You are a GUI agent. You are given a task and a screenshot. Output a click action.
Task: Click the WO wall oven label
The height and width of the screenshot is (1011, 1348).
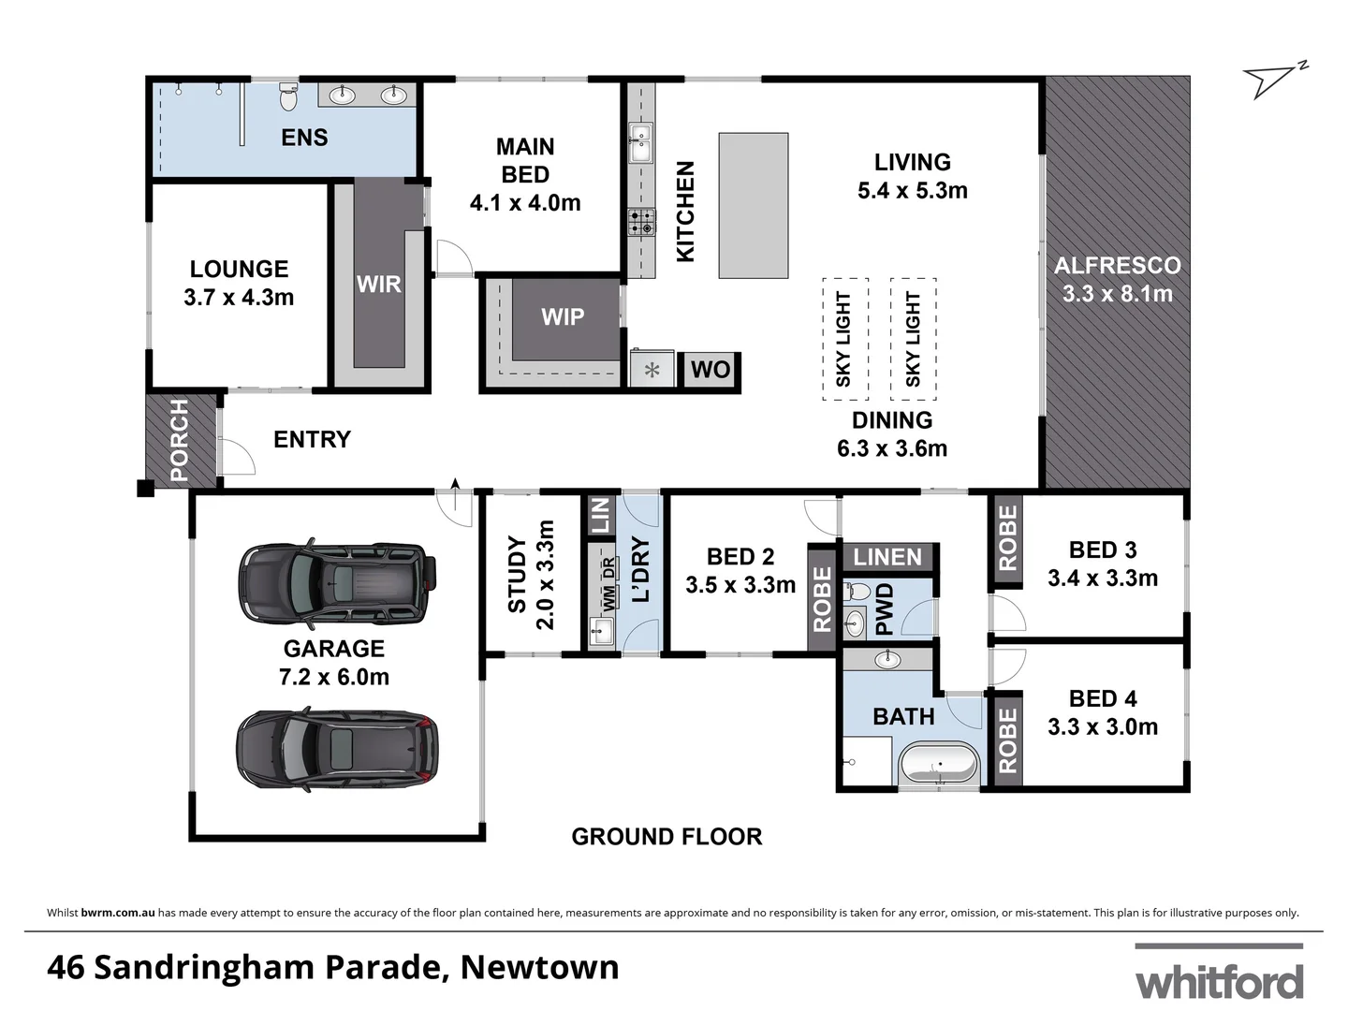(x=710, y=370)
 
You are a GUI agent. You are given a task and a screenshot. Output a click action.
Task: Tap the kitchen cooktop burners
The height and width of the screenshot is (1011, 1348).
(x=641, y=223)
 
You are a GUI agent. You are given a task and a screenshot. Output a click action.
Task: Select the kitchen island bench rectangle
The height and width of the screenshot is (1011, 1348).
(x=753, y=205)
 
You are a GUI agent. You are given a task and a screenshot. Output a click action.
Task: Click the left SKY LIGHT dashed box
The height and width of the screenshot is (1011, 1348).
(x=844, y=339)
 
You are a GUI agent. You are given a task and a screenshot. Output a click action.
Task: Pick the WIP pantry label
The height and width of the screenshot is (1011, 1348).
(x=563, y=317)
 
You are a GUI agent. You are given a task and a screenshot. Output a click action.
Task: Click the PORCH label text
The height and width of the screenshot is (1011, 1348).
(x=179, y=440)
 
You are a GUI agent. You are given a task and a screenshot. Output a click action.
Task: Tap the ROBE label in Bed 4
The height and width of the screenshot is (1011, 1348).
(x=1007, y=740)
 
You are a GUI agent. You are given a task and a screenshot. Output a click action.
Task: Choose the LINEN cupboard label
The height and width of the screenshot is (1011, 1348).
(x=887, y=557)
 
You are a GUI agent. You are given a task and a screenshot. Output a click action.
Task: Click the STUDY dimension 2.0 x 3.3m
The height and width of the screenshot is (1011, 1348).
(x=545, y=575)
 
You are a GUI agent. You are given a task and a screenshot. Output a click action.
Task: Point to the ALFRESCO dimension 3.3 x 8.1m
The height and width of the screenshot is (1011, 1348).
(x=1117, y=294)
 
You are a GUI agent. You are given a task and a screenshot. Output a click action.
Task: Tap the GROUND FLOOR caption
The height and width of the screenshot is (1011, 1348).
(x=667, y=837)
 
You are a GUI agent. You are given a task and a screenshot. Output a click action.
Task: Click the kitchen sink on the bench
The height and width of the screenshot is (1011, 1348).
(x=640, y=143)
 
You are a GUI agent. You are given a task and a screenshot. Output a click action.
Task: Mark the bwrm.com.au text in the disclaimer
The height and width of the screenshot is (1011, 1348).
(x=118, y=913)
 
